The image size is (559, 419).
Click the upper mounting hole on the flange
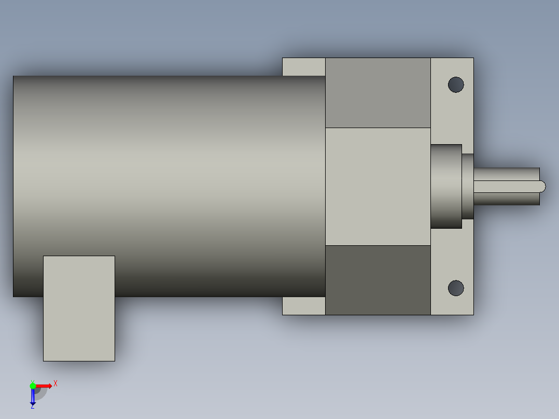tap(456, 85)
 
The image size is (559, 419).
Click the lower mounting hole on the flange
tap(456, 288)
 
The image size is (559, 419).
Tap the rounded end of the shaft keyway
tap(542, 186)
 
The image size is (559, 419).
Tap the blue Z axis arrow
tap(33, 397)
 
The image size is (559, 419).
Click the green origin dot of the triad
tap(33, 385)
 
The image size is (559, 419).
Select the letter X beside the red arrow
tap(55, 384)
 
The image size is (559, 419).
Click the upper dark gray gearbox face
tap(378, 93)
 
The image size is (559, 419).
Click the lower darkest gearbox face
tap(378, 280)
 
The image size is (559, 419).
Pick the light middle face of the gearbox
tap(378, 187)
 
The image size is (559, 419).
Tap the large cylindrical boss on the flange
tap(446, 186)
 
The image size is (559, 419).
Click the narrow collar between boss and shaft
tap(468, 186)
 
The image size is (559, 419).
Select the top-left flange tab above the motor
tap(303, 67)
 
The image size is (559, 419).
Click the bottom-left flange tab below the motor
tap(303, 306)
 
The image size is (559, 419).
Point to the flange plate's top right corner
tap(473, 58)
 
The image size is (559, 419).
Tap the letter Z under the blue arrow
tap(32, 407)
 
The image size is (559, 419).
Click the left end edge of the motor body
tap(13, 187)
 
